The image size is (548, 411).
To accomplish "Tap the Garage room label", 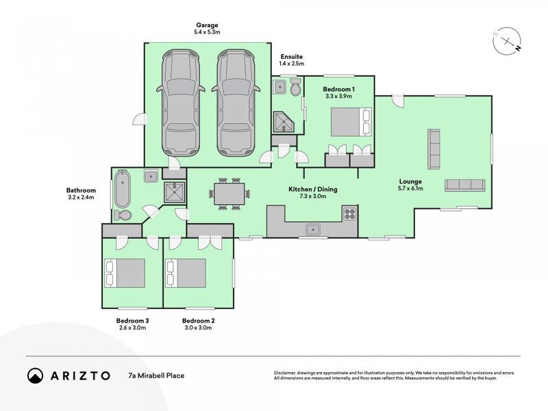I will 206,25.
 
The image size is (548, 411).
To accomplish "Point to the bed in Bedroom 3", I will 125,273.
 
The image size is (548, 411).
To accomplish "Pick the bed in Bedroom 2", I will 186,273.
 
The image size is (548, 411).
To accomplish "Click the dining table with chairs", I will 227,193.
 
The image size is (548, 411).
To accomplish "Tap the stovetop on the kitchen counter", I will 349,213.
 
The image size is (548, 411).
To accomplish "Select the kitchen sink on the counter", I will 313,229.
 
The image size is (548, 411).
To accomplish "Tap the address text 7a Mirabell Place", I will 156,375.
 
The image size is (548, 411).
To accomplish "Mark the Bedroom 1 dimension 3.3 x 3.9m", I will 338,97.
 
